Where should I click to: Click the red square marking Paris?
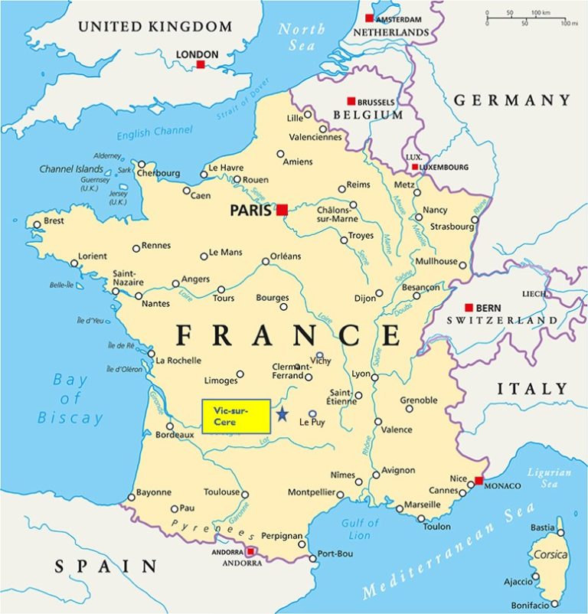[283, 210]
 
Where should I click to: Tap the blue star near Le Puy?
[282, 414]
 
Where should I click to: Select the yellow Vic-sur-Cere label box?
[236, 416]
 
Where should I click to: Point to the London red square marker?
[201, 65]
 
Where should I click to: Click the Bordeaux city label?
[175, 435]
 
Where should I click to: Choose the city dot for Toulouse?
[244, 494]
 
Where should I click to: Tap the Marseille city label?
[423, 505]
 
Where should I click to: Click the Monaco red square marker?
[479, 481]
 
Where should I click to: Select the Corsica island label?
[550, 554]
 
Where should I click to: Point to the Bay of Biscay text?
[70, 399]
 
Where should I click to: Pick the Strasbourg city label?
[451, 227]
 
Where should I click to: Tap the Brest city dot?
[36, 225]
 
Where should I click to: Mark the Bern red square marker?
[469, 308]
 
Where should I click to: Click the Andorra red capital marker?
[250, 551]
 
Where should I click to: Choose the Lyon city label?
[361, 374]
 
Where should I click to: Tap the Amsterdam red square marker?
[369, 18]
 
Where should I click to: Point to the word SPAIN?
[105, 566]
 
